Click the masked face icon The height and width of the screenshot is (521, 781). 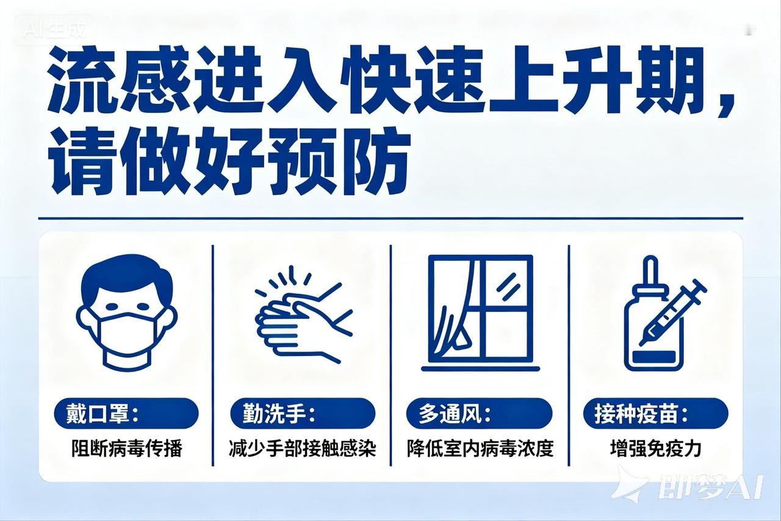click(x=126, y=312)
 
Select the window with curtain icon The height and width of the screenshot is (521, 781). click(x=480, y=313)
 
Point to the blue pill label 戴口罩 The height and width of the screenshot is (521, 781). click(x=126, y=414)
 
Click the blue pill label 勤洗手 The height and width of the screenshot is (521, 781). click(x=303, y=414)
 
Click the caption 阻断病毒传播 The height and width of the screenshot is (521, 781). click(x=127, y=449)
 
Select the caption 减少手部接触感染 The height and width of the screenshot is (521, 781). click(x=303, y=449)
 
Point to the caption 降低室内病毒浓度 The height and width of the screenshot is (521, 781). click(x=480, y=449)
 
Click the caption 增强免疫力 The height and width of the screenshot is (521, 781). click(x=655, y=449)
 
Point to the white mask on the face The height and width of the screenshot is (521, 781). click(x=126, y=335)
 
